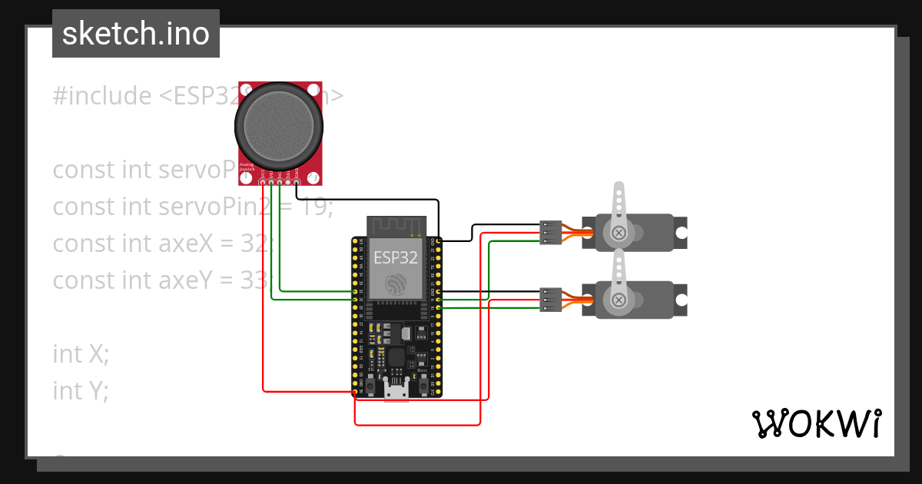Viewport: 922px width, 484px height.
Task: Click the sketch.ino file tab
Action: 136,34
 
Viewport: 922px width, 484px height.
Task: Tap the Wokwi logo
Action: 816,423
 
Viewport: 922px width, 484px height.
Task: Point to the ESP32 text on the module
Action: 396,257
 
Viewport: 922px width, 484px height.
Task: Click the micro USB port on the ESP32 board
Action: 396,392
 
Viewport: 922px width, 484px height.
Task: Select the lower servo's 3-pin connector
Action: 550,300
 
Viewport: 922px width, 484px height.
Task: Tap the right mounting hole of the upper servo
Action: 680,233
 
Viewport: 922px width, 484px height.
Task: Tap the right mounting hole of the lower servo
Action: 680,300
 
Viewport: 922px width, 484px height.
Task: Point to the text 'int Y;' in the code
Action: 81,390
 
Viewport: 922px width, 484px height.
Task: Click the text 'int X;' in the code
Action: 81,353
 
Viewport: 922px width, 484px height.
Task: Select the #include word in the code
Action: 102,96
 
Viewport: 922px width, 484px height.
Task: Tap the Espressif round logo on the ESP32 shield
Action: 396,283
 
